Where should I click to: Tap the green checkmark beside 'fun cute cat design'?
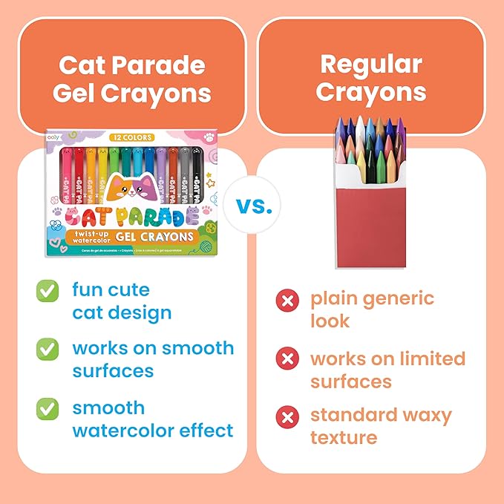coord(48,292)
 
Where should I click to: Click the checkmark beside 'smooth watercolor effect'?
coord(48,408)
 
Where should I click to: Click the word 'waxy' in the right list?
coord(422,415)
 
